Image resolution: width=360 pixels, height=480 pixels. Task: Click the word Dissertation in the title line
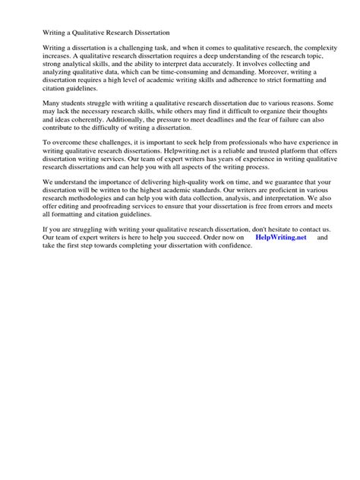point(149,34)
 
